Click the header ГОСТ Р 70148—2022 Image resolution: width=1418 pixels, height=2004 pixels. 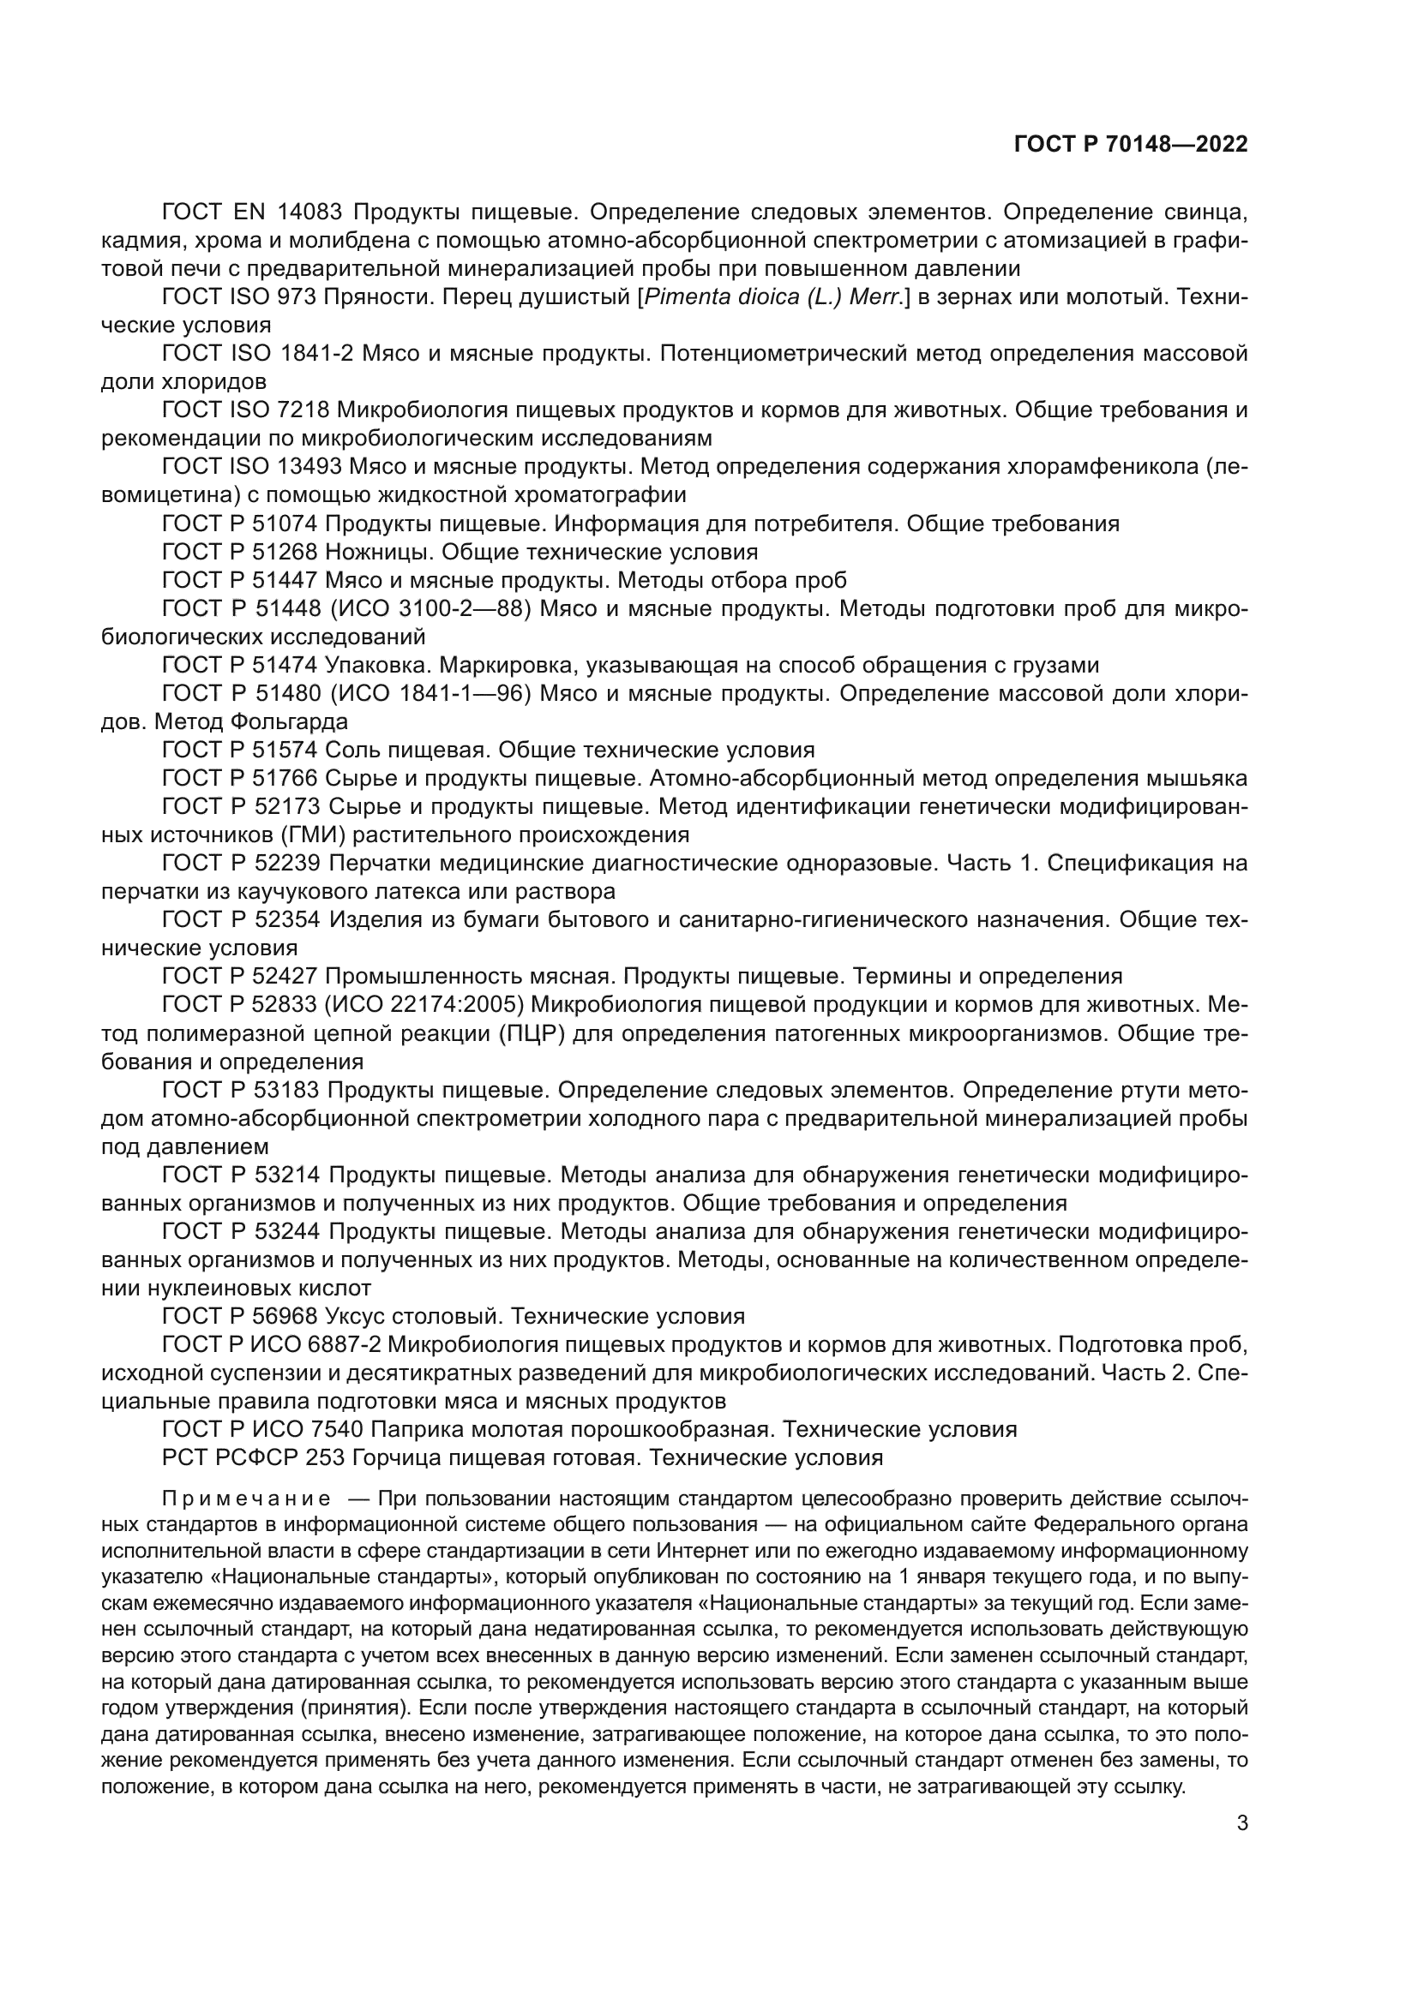[x=1130, y=145]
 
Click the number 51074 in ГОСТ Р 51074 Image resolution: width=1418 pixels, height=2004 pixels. [x=289, y=523]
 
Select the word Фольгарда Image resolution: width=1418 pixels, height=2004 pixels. [x=289, y=721]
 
